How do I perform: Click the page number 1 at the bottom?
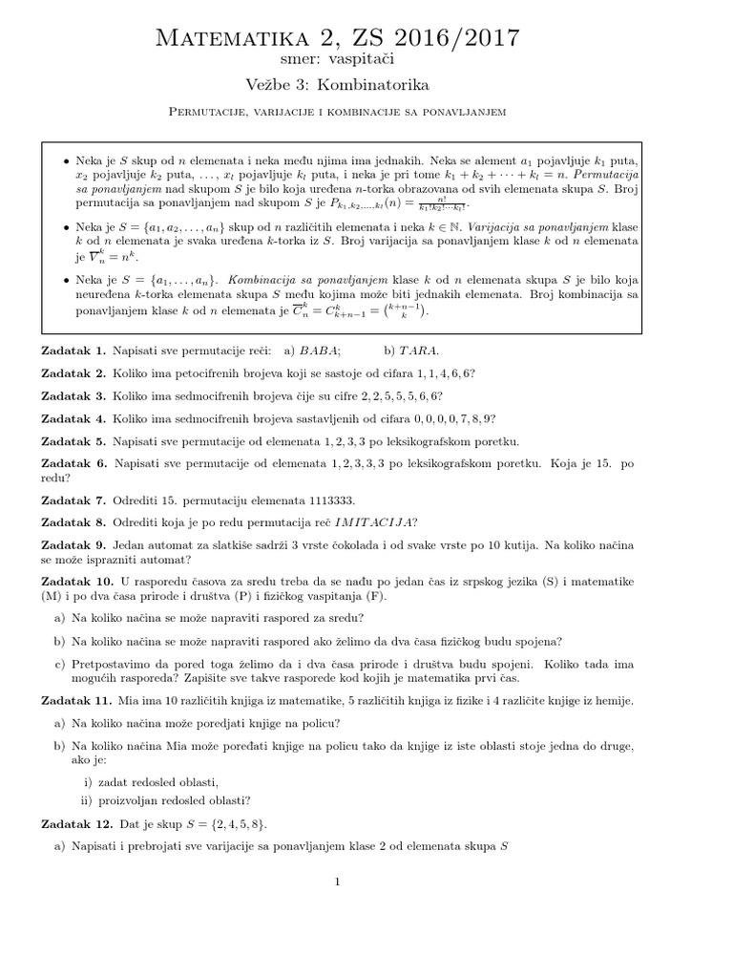tap(338, 882)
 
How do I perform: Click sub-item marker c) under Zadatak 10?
tap(59, 663)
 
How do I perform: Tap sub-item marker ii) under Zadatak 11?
tap(90, 800)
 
